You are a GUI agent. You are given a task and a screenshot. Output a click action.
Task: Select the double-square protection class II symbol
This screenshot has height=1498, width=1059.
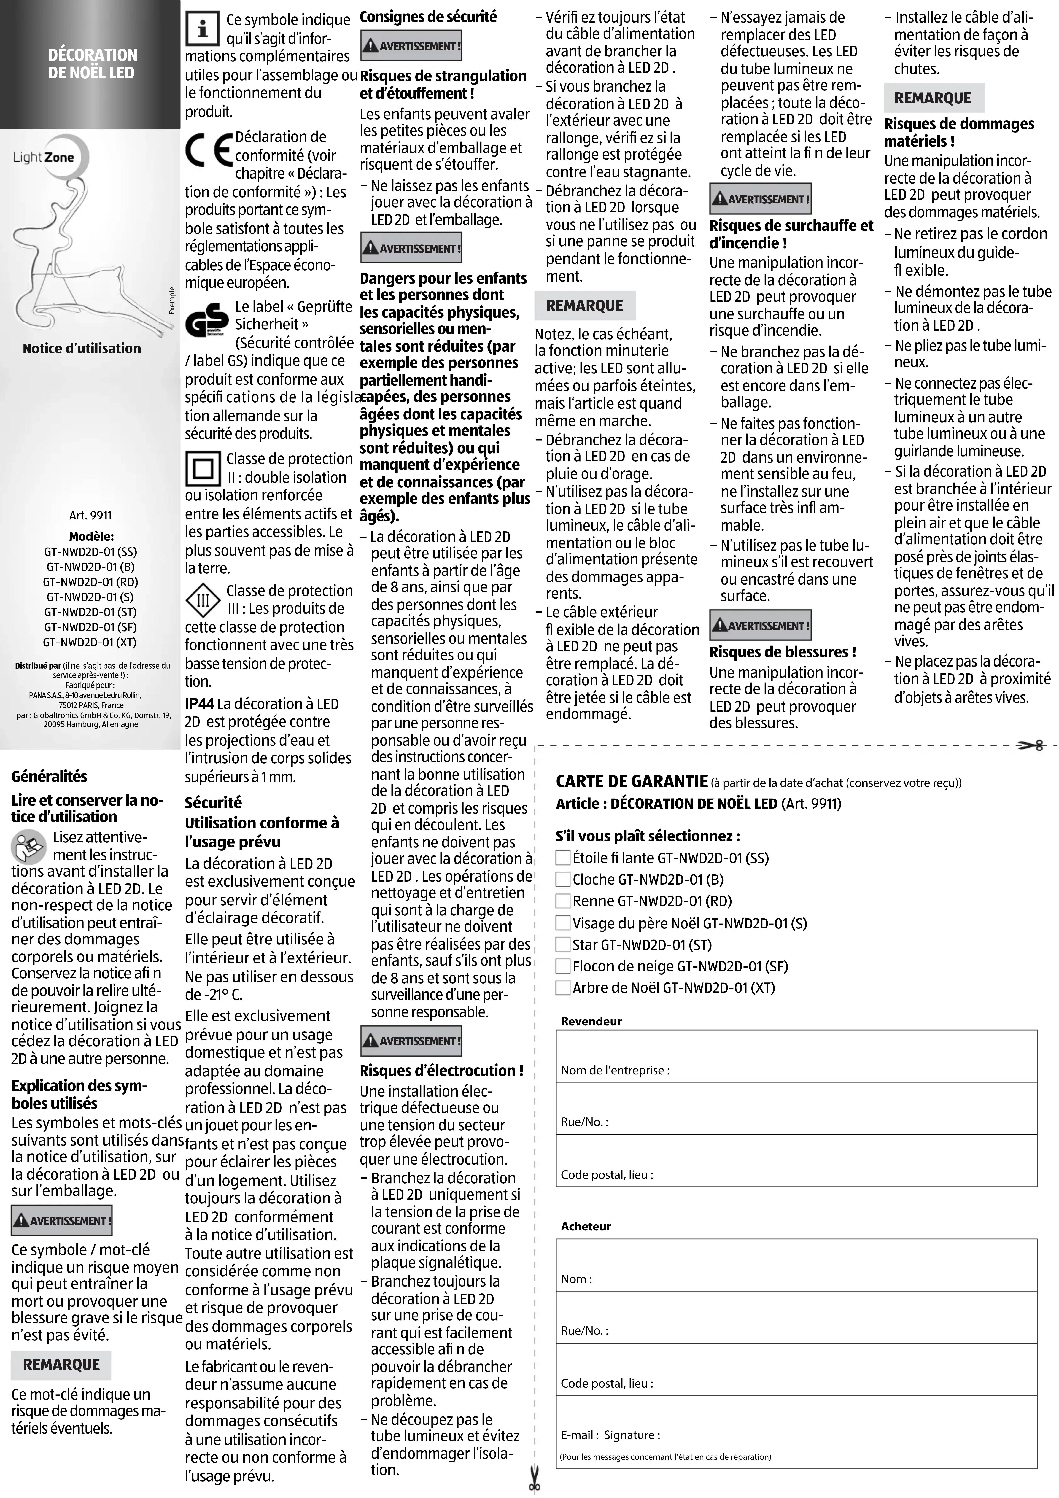[203, 469]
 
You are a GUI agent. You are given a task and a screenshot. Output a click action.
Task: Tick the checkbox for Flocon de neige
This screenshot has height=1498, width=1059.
[562, 966]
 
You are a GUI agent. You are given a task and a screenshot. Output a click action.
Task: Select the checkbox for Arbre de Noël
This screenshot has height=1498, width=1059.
[562, 988]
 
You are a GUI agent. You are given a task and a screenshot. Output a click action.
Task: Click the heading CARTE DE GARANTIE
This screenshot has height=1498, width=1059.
[631, 781]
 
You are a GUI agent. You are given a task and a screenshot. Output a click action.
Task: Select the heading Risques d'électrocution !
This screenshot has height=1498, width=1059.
[441, 1071]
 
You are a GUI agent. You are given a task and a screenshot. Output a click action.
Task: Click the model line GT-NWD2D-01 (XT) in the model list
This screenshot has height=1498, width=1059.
[90, 642]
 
